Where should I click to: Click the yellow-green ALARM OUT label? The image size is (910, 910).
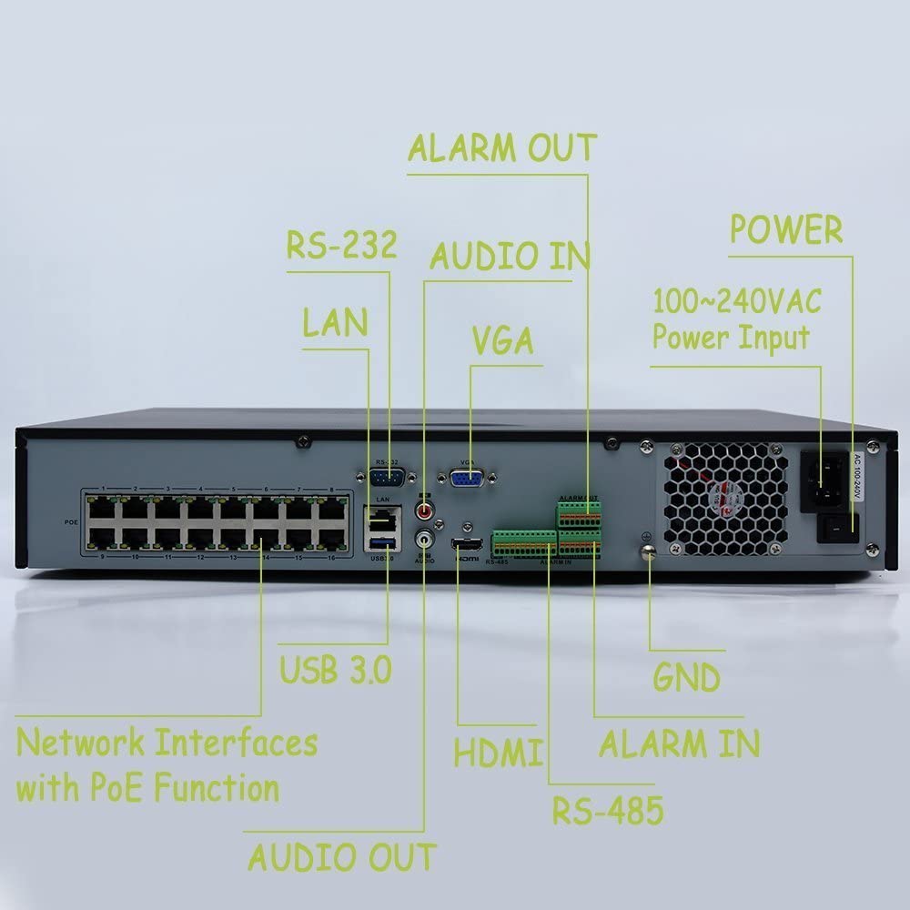coord(501,147)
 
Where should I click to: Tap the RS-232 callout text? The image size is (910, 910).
coord(341,245)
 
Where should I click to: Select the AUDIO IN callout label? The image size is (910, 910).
coord(510,257)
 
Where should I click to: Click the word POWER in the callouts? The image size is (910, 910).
coord(786,229)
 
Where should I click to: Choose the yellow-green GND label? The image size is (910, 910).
coord(687,677)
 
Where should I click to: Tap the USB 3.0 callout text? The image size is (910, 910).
coord(335,670)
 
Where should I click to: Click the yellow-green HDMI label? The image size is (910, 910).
coord(499,753)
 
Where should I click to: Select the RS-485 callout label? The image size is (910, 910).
coord(608,809)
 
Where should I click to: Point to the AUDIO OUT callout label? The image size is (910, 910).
coord(342,856)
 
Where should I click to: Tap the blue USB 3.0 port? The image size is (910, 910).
coord(380,543)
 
